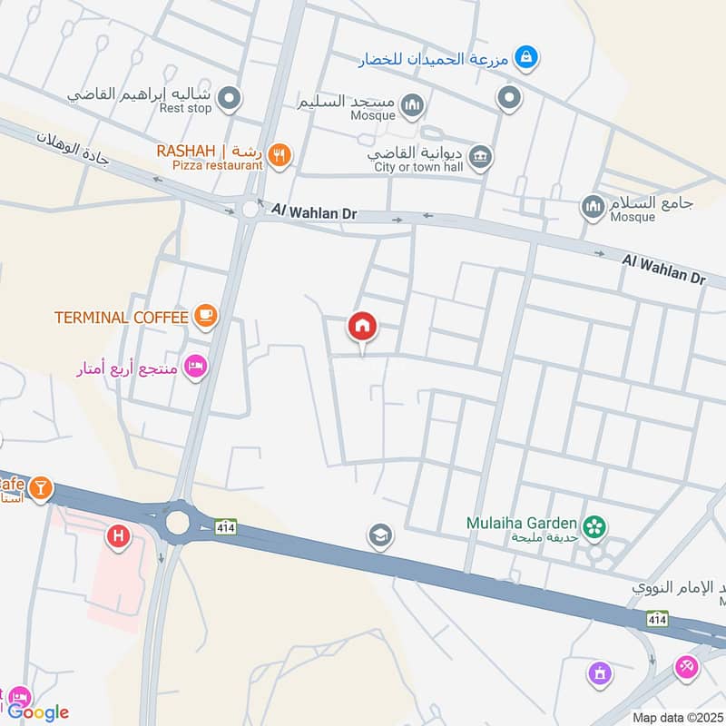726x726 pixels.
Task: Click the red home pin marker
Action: click(363, 326)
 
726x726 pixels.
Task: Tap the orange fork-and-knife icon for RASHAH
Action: click(280, 155)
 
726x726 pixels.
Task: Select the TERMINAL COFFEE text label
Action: click(122, 317)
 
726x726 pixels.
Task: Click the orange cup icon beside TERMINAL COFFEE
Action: click(206, 316)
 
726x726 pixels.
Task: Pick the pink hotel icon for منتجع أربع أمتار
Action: click(195, 367)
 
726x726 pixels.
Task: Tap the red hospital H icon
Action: click(117, 537)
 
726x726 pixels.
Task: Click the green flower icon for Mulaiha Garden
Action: click(594, 525)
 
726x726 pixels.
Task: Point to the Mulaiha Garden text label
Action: click(521, 523)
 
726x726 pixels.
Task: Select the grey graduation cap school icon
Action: click(380, 536)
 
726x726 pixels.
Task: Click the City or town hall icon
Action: click(480, 157)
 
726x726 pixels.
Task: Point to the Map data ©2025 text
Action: click(676, 718)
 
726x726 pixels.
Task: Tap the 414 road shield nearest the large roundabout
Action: click(226, 526)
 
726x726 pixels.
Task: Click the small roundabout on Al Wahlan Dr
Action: click(250, 210)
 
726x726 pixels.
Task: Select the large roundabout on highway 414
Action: click(177, 522)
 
